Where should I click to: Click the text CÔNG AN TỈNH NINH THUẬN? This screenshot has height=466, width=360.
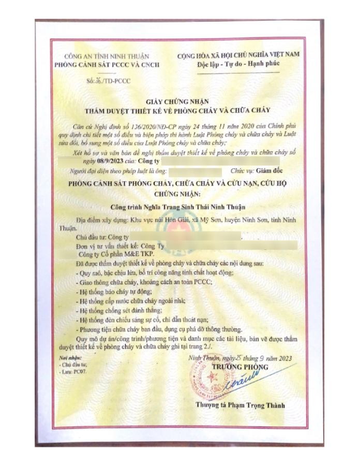click(x=106, y=56)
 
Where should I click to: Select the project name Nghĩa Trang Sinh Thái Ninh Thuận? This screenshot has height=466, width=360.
click(x=191, y=207)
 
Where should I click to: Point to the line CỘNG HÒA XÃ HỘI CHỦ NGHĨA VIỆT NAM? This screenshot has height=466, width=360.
click(x=238, y=55)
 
